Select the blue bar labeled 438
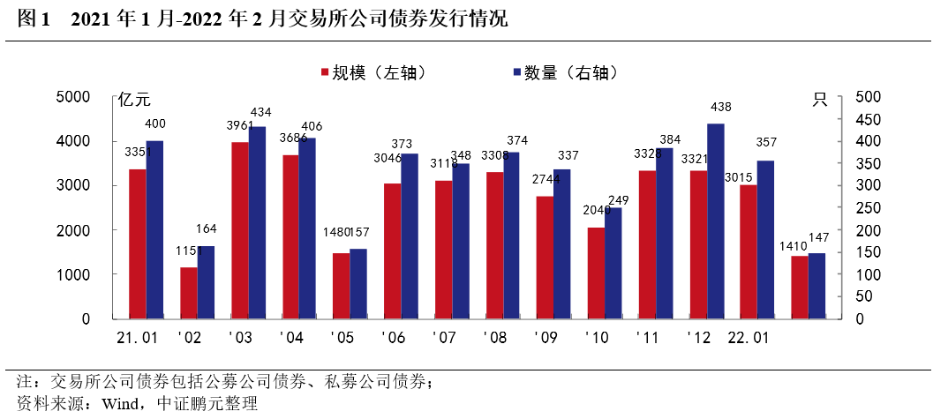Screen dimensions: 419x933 click(716, 221)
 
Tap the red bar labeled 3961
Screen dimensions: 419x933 click(240, 229)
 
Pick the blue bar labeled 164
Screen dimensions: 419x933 click(206, 282)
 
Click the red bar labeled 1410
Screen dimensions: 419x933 click(800, 287)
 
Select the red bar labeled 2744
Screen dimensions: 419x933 click(546, 257)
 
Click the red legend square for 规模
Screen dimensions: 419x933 click(324, 73)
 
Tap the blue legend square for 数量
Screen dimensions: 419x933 click(515, 73)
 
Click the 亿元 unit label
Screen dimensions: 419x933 click(134, 100)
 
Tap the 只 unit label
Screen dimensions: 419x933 click(820, 100)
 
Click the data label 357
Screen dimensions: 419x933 click(764, 143)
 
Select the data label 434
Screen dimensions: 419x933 click(262, 112)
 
